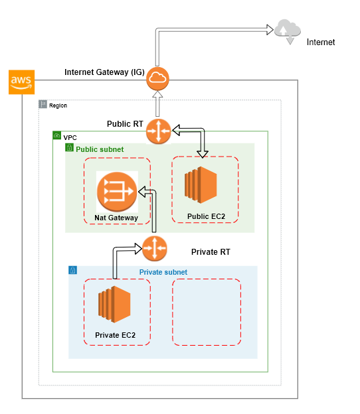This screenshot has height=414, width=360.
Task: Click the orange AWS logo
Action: point(21,82)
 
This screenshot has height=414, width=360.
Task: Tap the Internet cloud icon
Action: point(288,31)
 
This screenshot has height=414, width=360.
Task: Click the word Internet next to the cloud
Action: point(321,42)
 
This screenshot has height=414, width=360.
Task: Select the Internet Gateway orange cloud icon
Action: point(158,80)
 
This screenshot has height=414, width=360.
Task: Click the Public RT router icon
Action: point(159,130)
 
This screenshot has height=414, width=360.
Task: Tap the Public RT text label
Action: point(125,124)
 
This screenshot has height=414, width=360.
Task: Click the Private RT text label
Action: point(211,252)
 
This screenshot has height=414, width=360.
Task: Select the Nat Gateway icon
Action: point(116,192)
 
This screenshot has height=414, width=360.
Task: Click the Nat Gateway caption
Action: point(116,218)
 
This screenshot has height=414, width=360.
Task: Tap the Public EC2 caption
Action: point(205,215)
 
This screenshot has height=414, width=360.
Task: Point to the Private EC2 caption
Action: point(116,336)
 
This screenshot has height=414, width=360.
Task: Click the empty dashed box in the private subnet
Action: point(207,312)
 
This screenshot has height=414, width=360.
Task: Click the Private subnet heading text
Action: point(163,272)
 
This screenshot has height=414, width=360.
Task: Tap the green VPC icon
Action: point(57,135)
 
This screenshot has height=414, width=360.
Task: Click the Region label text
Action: point(58,105)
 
